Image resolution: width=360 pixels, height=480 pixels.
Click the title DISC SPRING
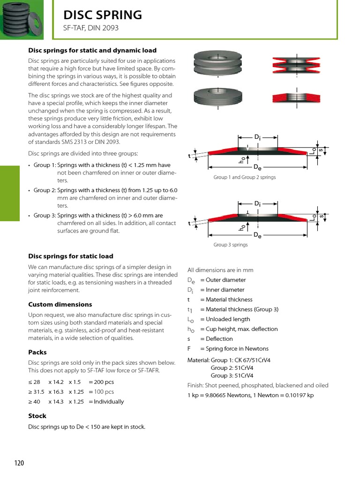pos(103,15)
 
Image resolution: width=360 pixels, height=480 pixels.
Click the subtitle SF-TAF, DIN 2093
pos(91,28)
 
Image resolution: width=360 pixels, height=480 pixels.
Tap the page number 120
pos(19,463)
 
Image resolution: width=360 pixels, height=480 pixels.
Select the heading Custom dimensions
pos(60,304)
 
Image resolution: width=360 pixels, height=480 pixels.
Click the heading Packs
pos(37,352)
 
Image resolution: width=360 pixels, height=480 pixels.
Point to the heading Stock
pos(37,416)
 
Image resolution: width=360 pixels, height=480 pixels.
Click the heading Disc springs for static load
pos(71,256)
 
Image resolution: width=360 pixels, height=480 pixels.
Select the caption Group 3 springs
pos(231,245)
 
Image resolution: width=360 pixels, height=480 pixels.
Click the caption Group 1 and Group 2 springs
pos(244,177)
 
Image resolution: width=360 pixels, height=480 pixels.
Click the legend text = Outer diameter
pos(223,280)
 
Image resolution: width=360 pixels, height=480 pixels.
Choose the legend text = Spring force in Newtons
pos(234,349)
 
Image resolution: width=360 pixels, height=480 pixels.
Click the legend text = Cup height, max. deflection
pos(239,329)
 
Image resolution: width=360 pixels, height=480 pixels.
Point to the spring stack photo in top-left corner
pos(22,20)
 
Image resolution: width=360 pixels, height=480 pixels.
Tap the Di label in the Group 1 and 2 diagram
pos(257,137)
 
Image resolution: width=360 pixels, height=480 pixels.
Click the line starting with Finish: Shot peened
pos(258,385)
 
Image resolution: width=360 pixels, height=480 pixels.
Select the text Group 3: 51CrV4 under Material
pos(232,375)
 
